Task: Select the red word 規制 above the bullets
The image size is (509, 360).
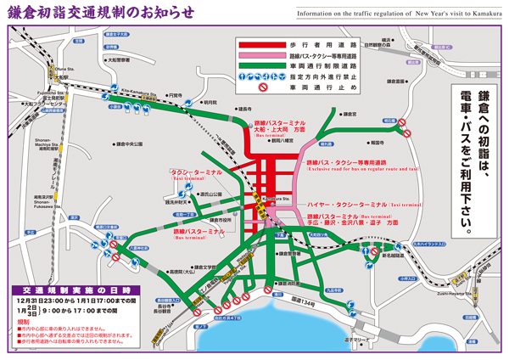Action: (x=23, y=323)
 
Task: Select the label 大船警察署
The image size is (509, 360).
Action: (x=118, y=60)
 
